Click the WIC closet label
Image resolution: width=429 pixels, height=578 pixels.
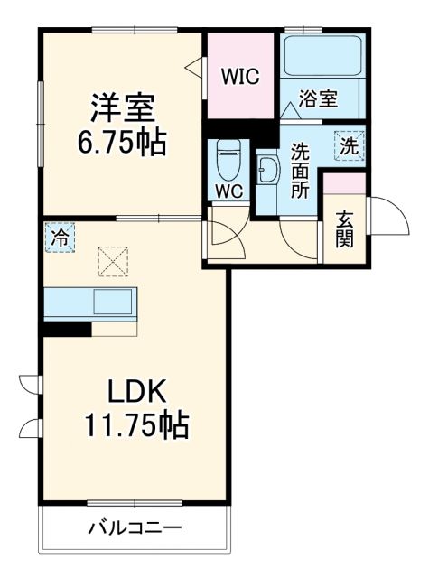pos(241,77)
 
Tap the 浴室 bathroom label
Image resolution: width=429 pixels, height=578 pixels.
pos(320,99)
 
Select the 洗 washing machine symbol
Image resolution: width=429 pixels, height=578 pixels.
pos(348,143)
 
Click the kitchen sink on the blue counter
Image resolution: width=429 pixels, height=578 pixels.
pos(114,302)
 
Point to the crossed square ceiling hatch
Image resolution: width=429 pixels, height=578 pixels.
pos(114,263)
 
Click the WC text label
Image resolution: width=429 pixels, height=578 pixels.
pos(227,191)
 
